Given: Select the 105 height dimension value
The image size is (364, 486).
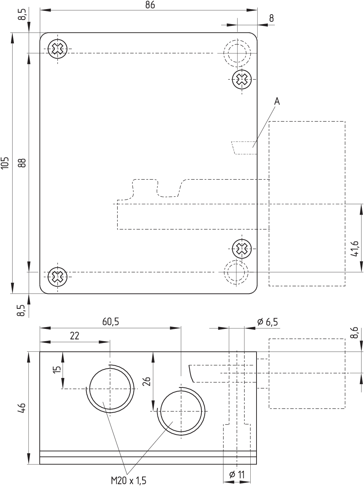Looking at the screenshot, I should coord(5,163).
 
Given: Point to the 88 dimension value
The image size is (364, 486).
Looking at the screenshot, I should coord(22,163).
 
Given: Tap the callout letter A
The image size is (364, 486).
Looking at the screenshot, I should coord(277,101).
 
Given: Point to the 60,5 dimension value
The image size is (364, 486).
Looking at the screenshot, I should coord(111,322).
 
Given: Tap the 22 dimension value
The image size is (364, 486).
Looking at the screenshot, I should coord(74,336).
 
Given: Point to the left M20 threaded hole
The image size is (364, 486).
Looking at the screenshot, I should coord(110,389).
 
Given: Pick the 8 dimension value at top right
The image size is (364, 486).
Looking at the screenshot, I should coord(271,18).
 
